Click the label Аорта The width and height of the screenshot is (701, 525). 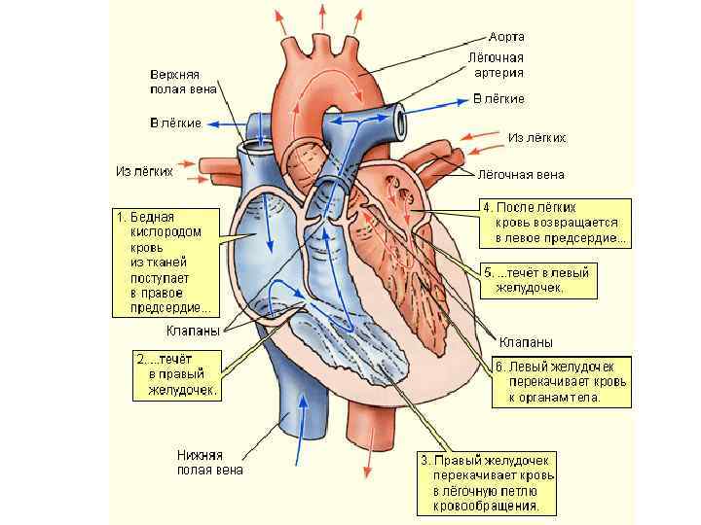click(x=506, y=37)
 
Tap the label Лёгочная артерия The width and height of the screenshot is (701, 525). click(x=498, y=64)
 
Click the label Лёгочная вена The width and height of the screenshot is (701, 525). click(x=520, y=176)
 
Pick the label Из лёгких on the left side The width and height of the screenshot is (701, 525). click(x=144, y=171)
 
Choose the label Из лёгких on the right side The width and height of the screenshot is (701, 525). click(x=536, y=138)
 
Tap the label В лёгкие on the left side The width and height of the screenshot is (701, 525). click(x=175, y=123)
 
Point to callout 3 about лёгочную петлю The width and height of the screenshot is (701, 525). click(x=486, y=482)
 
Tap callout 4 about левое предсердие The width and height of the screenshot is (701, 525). click(x=555, y=222)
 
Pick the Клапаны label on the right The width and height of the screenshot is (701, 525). click(x=526, y=342)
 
